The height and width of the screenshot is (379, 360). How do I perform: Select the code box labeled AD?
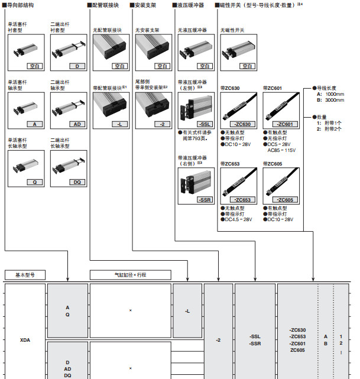76,124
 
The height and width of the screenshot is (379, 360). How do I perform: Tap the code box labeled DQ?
76,183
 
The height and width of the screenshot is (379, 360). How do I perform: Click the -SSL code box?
205,124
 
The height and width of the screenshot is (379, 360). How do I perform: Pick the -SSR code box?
205,200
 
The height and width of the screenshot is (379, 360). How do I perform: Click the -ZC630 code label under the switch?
242,124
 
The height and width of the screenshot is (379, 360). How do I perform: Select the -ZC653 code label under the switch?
242,200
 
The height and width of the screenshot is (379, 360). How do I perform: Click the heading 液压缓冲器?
192,5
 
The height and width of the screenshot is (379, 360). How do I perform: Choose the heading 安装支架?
146,5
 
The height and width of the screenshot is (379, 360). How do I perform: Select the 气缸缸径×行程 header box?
130,275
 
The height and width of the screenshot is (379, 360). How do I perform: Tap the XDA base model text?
25,341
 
